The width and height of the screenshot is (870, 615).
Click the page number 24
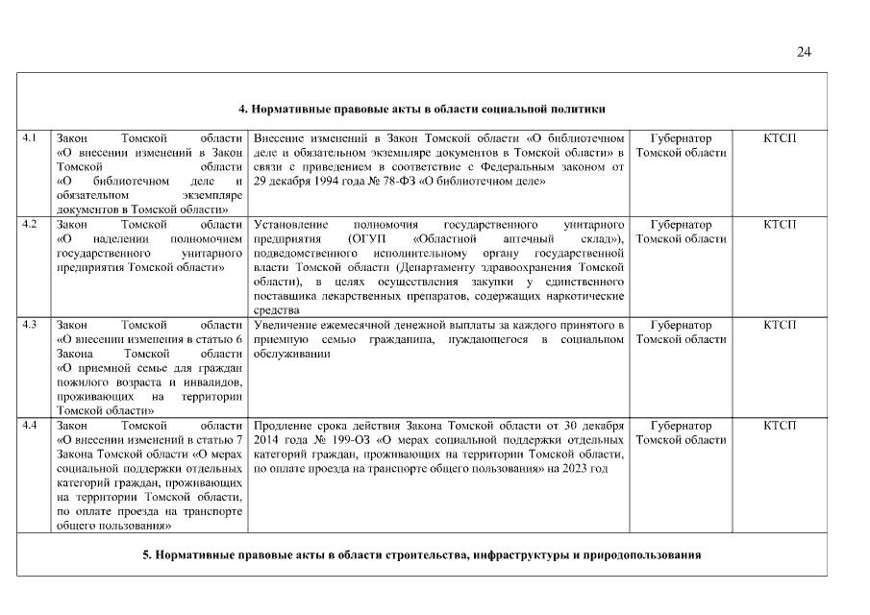(804, 52)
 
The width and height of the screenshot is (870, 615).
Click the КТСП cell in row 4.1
(780, 138)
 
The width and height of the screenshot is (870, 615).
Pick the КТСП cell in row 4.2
(780, 223)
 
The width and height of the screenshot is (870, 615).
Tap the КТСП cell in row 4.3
(780, 324)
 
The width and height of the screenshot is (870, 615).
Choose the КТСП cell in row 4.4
(780, 425)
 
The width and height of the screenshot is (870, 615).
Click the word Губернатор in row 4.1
(681, 138)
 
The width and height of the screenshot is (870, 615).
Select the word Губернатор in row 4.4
(681, 425)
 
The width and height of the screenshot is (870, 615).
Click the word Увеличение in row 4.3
(286, 325)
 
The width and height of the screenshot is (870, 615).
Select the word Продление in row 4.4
(283, 425)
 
